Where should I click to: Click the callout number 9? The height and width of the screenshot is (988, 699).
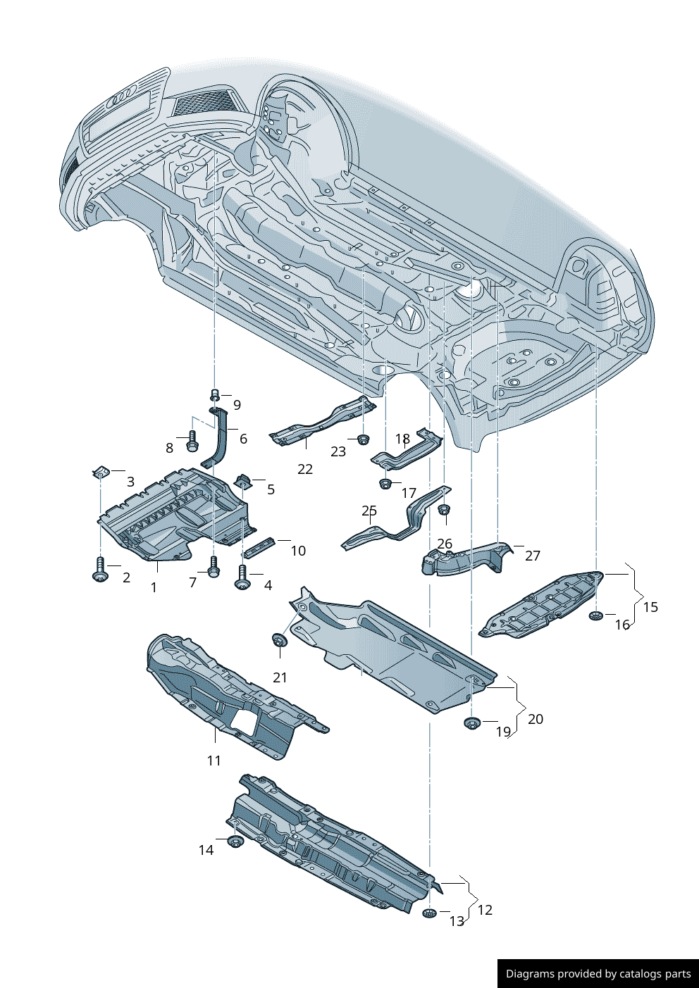[x=237, y=405]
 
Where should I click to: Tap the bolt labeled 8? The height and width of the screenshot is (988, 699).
[x=192, y=442]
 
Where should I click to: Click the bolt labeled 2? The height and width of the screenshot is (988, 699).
[x=100, y=570]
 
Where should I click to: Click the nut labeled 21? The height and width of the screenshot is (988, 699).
[x=279, y=640]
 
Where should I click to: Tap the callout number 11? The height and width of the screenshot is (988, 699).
[x=214, y=761]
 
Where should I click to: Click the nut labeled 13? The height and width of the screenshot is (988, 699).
[x=428, y=913]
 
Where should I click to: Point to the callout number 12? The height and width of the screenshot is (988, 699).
[x=485, y=910]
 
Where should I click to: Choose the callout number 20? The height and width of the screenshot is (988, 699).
[x=536, y=719]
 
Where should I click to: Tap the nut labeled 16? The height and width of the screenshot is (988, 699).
[x=595, y=616]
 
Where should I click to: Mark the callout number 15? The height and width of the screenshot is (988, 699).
[x=650, y=607]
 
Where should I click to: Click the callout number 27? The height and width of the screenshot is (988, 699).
[x=533, y=556]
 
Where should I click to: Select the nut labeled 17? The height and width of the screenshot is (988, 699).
[x=385, y=484]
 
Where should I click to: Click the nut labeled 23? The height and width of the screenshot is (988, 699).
[x=363, y=440]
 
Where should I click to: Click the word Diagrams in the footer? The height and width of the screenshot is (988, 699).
[x=530, y=974]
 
